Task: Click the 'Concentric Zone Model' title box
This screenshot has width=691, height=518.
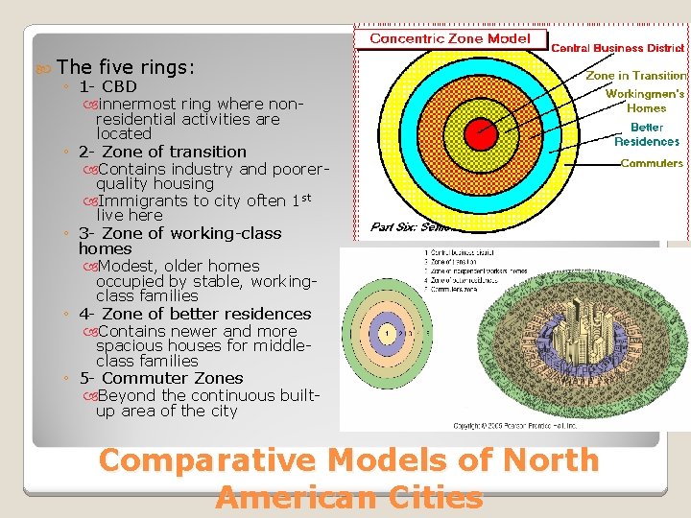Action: (449, 39)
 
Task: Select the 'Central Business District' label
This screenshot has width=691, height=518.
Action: (619, 47)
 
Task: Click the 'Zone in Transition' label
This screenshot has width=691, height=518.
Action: (636, 75)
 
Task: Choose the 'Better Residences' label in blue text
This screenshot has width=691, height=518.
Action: (647, 134)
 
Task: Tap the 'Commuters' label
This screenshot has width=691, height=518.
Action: (652, 163)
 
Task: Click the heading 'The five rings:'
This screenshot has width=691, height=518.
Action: (126, 67)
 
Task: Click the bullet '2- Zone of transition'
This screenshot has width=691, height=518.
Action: (162, 152)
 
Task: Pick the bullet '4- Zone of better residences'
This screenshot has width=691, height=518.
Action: (195, 314)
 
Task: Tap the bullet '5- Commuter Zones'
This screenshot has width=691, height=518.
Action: (160, 378)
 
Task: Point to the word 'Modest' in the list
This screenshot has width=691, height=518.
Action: (131, 266)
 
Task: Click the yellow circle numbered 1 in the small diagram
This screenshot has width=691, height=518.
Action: (386, 333)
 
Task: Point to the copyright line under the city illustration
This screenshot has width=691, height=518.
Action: (516, 424)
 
